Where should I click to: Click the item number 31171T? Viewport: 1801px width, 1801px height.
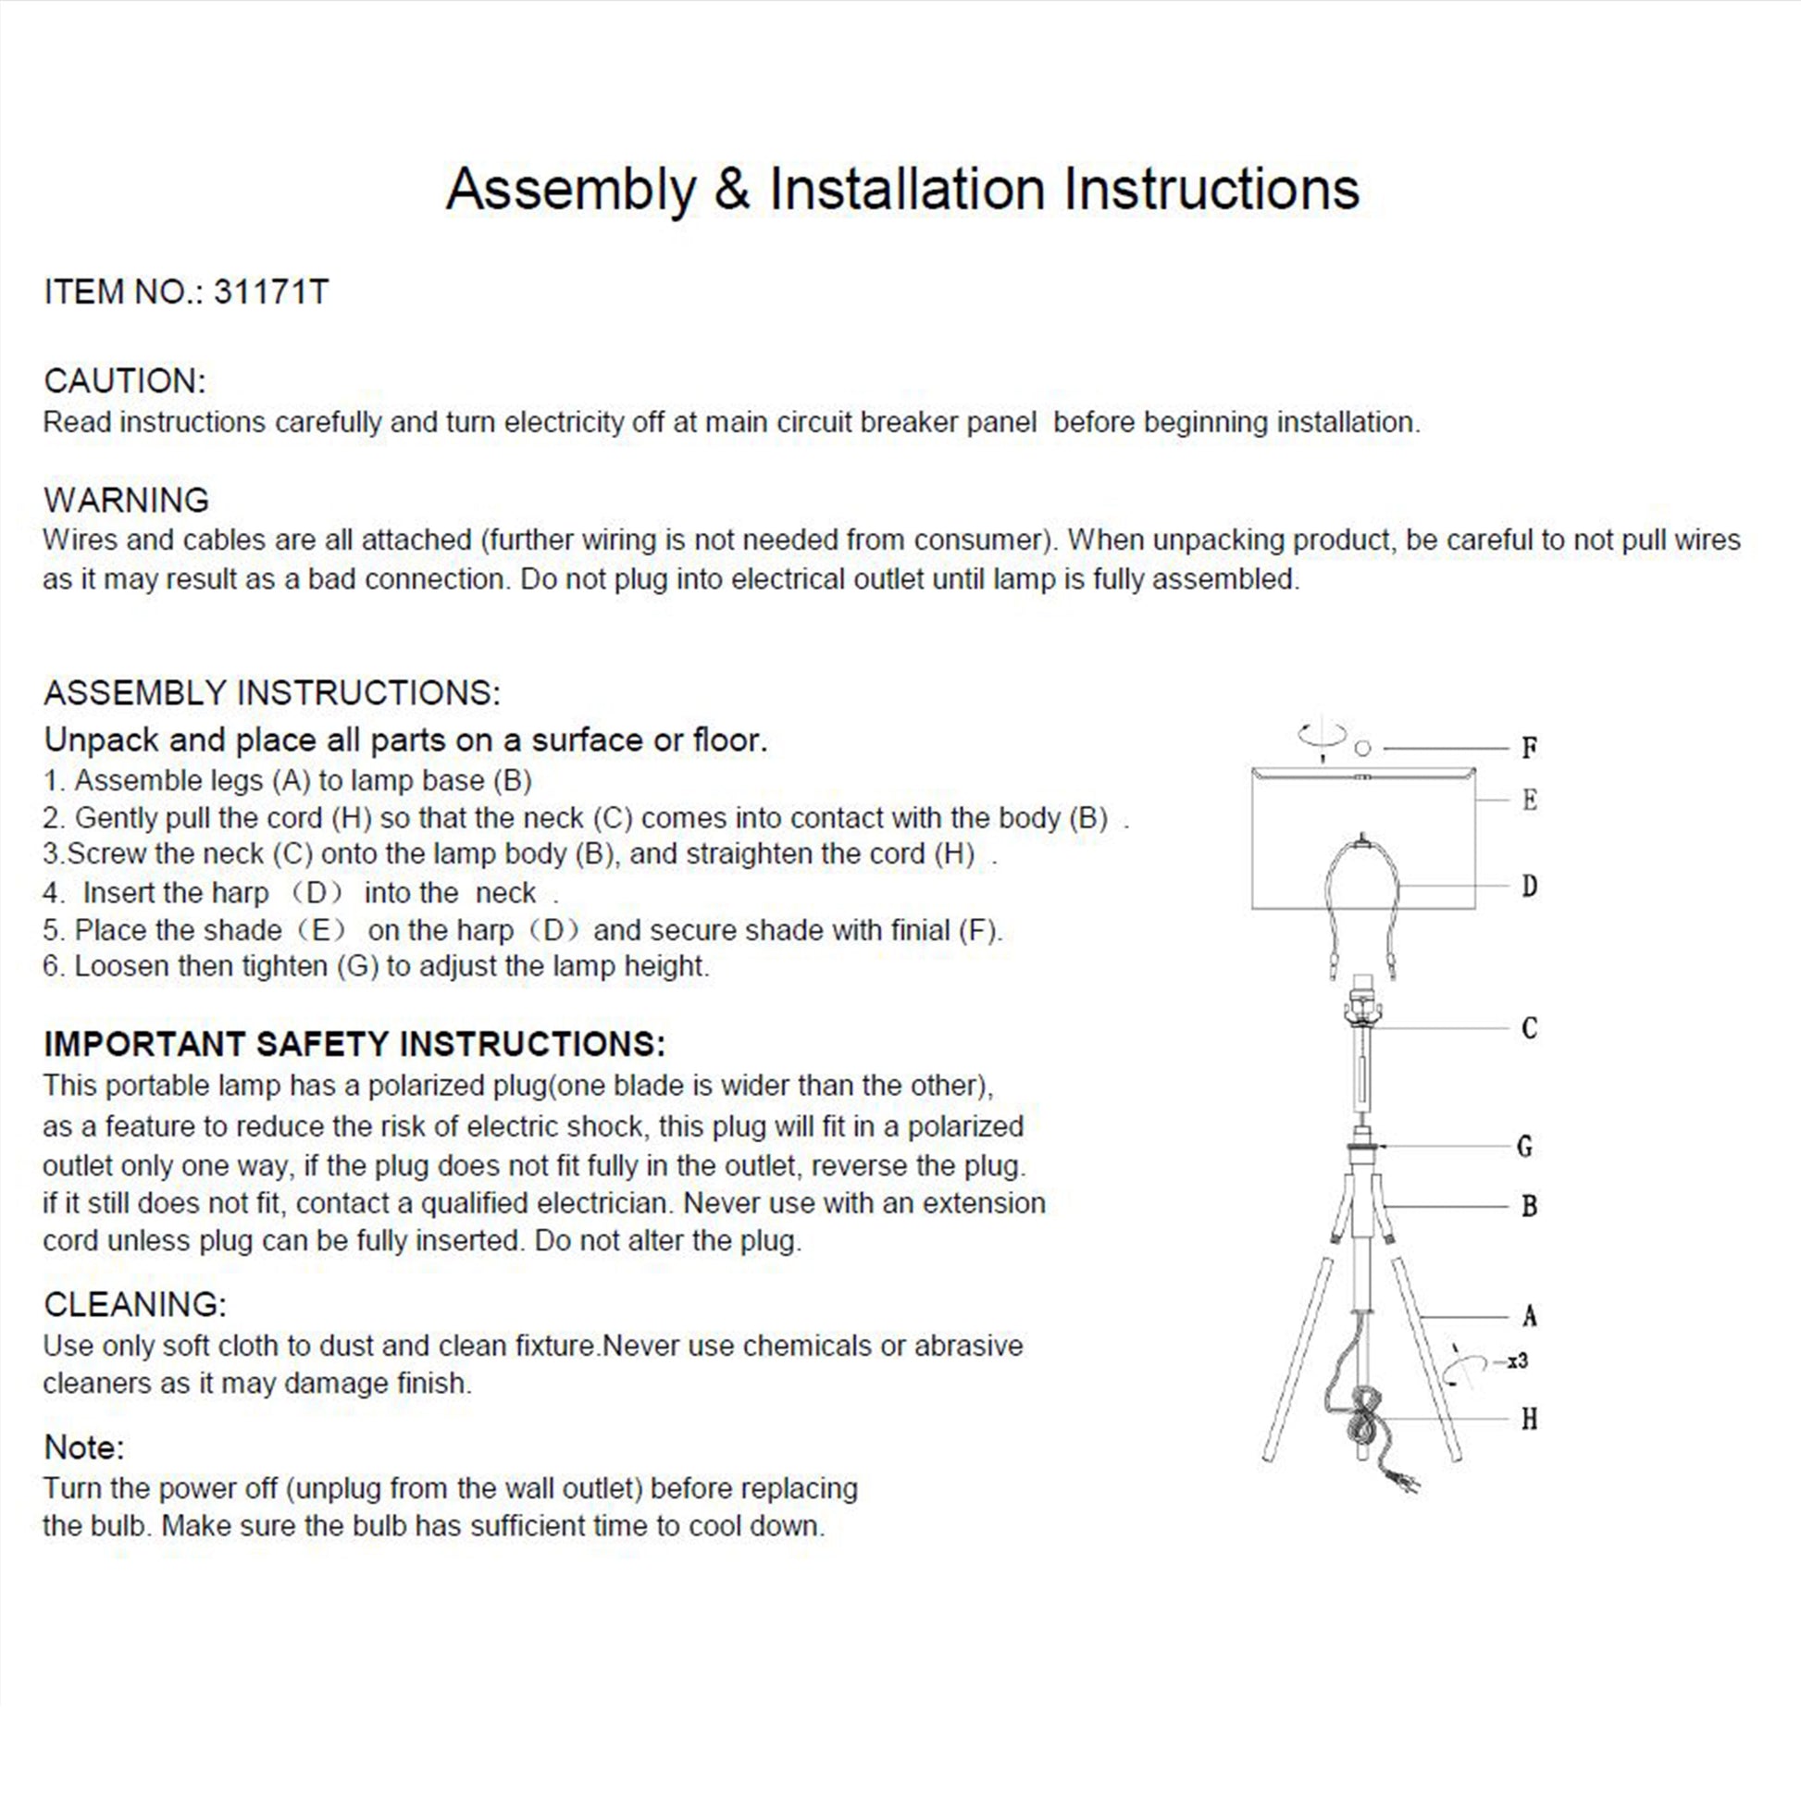coord(270,292)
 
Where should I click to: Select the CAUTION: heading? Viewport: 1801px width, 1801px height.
coord(124,381)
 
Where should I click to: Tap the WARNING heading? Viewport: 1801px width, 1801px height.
coord(126,500)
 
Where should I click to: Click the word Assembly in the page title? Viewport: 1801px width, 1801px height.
coord(570,189)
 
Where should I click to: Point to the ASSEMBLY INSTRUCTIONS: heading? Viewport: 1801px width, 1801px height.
coord(271,692)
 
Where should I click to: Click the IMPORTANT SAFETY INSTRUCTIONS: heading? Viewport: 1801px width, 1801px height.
coord(354,1044)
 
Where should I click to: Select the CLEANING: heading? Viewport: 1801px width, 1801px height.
coord(134,1304)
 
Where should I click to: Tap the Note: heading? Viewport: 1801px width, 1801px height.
coord(84,1447)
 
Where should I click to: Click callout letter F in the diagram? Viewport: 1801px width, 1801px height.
coord(1529,748)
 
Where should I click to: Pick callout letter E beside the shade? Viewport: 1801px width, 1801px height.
coord(1529,800)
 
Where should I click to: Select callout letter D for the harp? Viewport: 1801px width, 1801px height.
coord(1529,886)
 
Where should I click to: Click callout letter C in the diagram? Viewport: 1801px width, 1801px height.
coord(1529,1028)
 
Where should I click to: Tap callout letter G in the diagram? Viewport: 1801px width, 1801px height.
coord(1525,1147)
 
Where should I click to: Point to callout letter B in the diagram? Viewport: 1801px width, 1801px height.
coord(1529,1206)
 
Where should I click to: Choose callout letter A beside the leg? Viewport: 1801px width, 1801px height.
coord(1529,1316)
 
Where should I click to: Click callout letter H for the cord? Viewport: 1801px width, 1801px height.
coord(1529,1419)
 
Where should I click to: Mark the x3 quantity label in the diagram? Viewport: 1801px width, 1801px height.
coord(1518,1362)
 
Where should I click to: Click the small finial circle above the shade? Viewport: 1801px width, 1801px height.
coord(1363,748)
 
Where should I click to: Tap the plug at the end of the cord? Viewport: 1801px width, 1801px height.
coord(1407,1482)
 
